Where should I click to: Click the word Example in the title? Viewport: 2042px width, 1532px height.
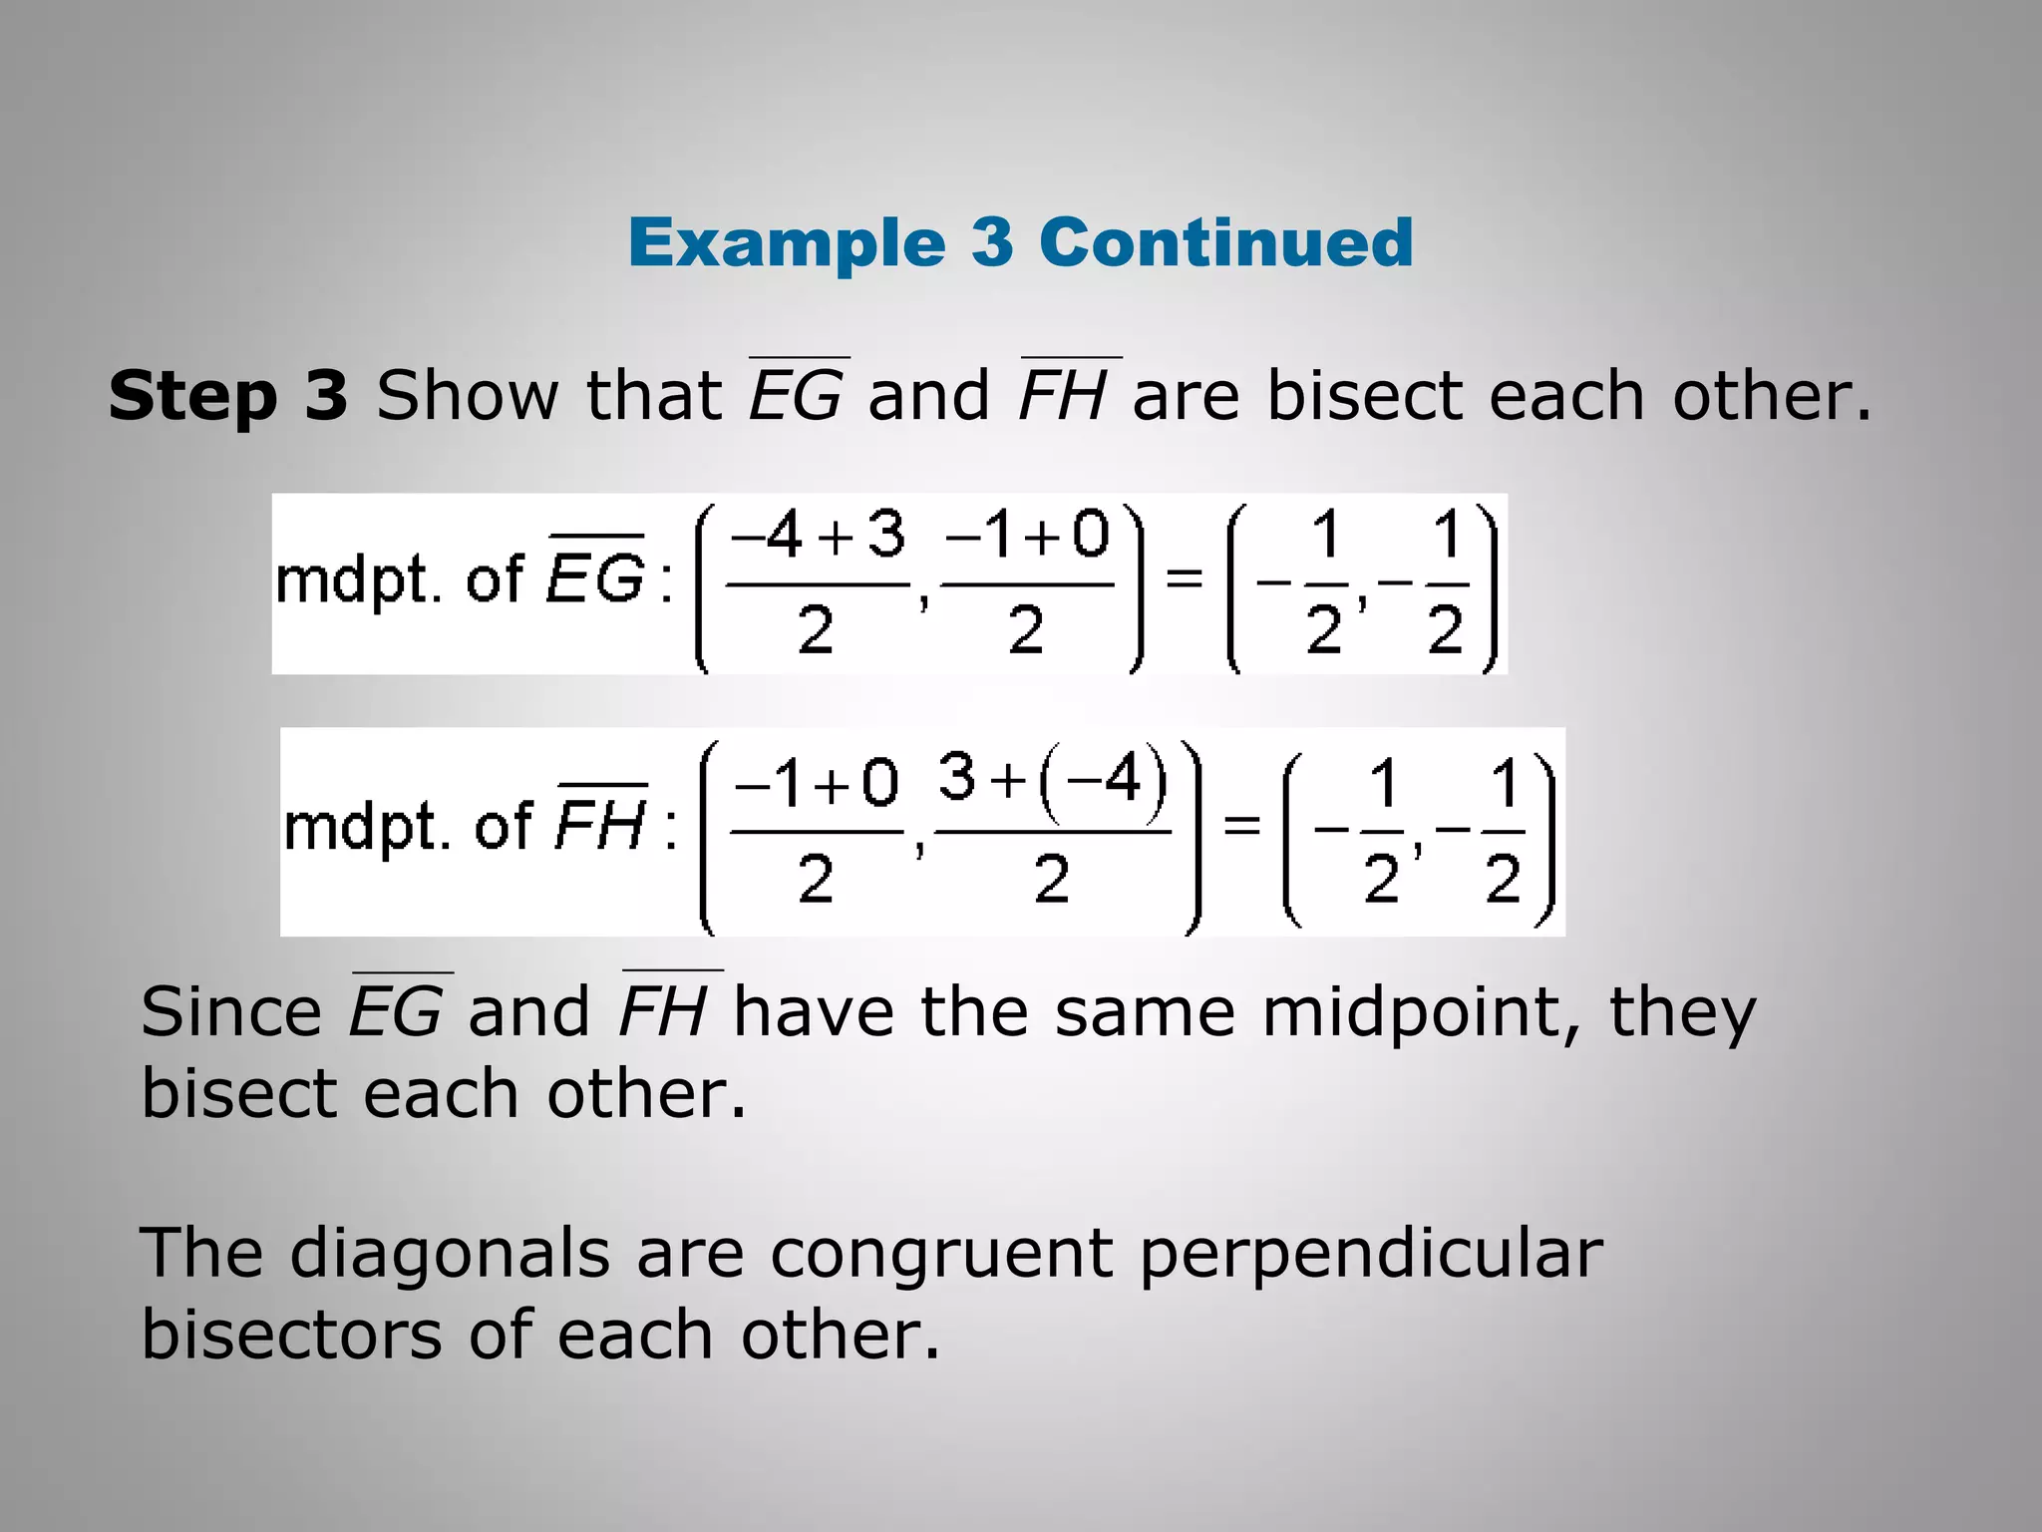[x=787, y=243]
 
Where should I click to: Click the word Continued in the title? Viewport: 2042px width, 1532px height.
[x=1225, y=242]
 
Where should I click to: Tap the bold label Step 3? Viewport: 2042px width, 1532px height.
[x=228, y=395]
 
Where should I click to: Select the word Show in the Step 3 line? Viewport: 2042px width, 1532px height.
[x=467, y=395]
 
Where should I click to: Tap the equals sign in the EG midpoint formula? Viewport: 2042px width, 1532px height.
[x=1185, y=576]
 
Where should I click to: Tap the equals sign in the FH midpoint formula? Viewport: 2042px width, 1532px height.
[x=1242, y=825]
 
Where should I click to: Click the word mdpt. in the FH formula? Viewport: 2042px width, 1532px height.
[x=367, y=827]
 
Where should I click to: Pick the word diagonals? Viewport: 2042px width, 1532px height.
[x=450, y=1253]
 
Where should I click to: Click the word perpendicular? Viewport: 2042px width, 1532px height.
[x=1371, y=1255]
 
